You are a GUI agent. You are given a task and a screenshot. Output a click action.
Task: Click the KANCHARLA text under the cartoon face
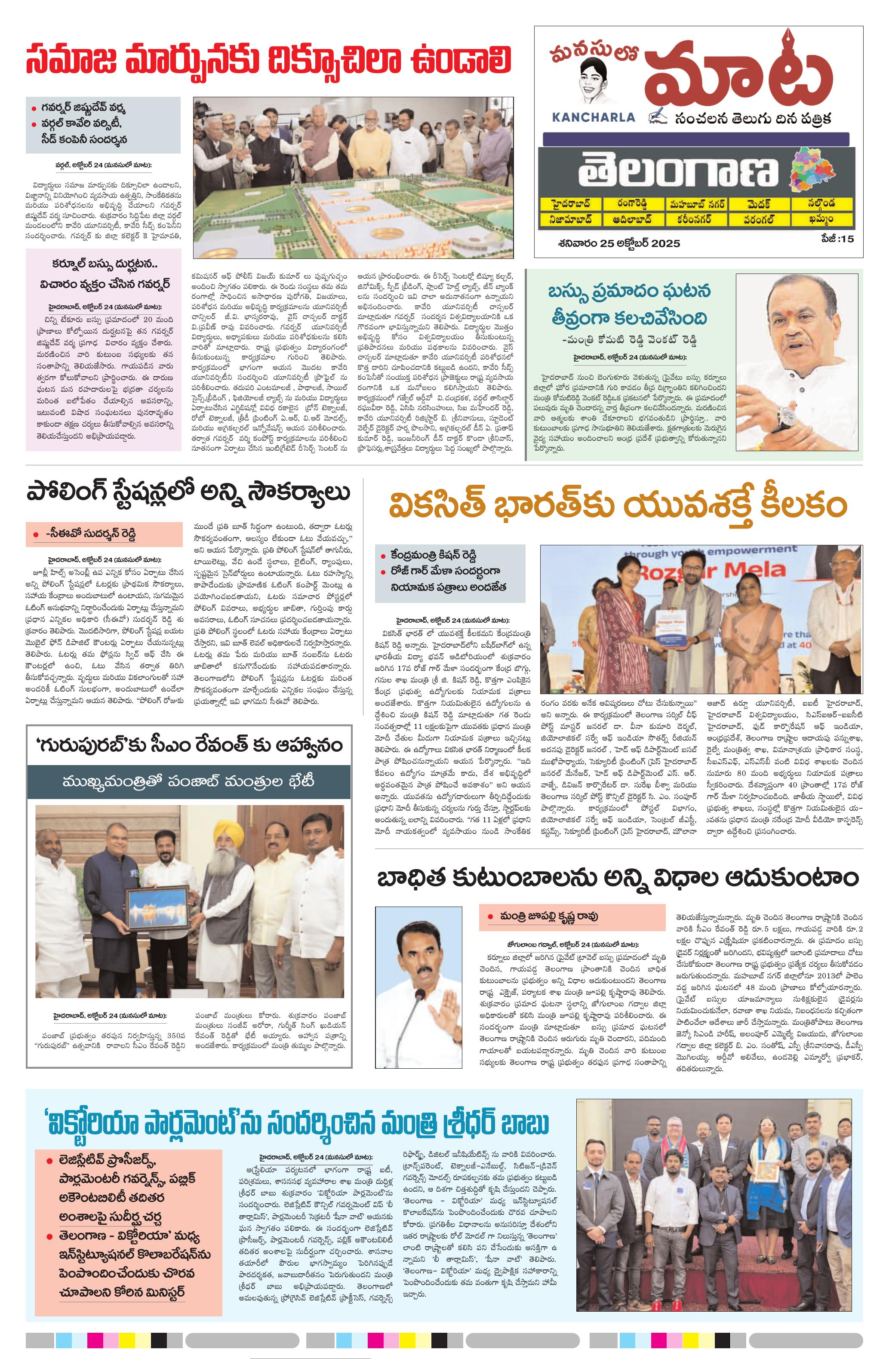593,117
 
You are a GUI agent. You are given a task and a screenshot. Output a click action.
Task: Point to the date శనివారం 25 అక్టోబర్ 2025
619,243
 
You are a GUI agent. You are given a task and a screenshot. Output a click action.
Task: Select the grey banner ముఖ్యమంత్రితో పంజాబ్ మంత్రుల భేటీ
188,783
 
